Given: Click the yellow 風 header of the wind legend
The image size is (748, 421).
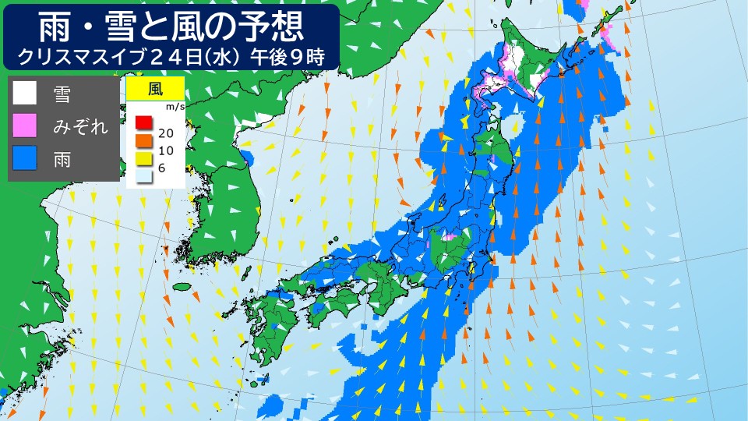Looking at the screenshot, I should tap(155, 87).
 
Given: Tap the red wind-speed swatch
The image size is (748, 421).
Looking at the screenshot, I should tap(143, 122).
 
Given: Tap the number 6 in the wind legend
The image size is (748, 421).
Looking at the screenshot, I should tap(162, 168).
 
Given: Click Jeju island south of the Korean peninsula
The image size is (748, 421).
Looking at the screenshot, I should tap(182, 287).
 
